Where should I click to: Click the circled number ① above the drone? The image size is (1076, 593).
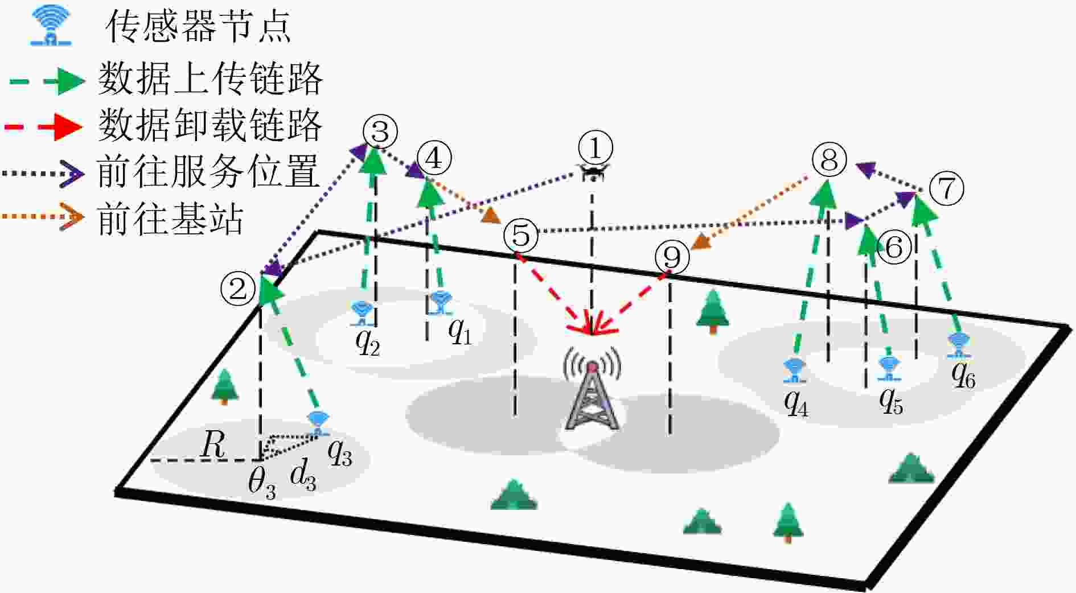(596, 147)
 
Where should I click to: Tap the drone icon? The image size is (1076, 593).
(594, 172)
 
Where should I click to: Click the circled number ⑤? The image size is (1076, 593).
(521, 235)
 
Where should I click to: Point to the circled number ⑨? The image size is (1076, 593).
(672, 257)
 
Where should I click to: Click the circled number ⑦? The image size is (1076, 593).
(946, 188)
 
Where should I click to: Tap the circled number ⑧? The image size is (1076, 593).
(829, 159)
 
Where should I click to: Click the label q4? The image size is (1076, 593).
(796, 403)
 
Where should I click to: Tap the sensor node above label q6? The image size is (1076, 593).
(959, 345)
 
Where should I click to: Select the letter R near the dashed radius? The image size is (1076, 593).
(213, 444)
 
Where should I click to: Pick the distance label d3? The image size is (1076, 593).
(303, 475)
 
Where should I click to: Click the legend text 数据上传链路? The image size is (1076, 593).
(210, 79)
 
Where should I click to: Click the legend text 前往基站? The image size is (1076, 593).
(170, 219)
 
